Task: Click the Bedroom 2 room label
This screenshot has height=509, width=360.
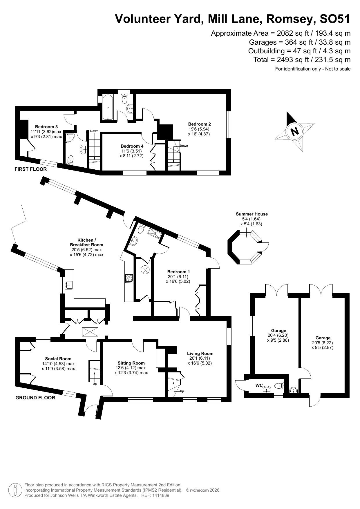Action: [x=199, y=124]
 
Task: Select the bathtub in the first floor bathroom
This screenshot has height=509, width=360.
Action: [x=108, y=107]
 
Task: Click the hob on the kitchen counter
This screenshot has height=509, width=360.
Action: [x=129, y=279]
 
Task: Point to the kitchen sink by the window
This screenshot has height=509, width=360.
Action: [x=69, y=285]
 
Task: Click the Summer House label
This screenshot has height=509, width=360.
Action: [x=252, y=214]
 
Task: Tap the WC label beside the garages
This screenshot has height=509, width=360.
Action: [x=259, y=385]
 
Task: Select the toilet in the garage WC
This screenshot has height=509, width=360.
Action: [x=279, y=386]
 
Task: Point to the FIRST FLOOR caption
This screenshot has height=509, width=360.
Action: [x=30, y=169]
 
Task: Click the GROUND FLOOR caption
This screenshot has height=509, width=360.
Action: [x=35, y=398]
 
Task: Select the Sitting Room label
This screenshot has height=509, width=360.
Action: [x=131, y=363]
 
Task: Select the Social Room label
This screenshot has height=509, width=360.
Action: [x=58, y=359]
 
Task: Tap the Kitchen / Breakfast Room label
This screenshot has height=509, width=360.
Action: [x=86, y=242]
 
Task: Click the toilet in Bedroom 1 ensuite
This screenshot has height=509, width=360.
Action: [x=141, y=229]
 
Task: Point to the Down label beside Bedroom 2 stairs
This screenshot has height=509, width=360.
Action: [x=184, y=146]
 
